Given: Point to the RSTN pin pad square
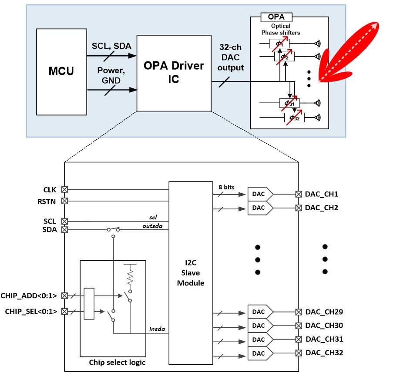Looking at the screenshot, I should pyautogui.click(x=64, y=201).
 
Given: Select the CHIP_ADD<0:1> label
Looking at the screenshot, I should pyautogui.click(x=30, y=296).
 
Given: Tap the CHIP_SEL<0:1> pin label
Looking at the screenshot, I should pyautogui.click(x=30, y=311).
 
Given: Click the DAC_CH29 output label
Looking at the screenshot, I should pyautogui.click(x=324, y=312).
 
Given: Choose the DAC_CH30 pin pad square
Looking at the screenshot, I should pyautogui.click(x=298, y=326).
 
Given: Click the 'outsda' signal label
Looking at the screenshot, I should pyautogui.click(x=153, y=225).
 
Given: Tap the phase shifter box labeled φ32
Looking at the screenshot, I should pyautogui.click(x=294, y=117).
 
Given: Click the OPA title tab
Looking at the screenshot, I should pyautogui.click(x=276, y=17).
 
